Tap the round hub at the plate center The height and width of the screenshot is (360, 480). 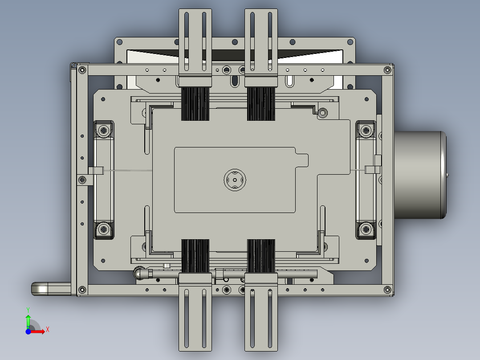point(235,179)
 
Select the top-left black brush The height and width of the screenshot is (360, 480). point(195,103)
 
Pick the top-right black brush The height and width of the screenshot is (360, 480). point(261,103)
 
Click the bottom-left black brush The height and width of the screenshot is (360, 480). point(195,255)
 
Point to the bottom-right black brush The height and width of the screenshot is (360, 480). point(261,255)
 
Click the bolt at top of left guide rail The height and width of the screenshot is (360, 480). point(104,131)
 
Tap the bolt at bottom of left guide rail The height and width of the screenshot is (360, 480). point(104,229)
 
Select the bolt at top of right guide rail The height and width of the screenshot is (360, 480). point(366,131)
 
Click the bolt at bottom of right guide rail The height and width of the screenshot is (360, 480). point(366,229)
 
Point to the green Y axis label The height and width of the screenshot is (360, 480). point(28,309)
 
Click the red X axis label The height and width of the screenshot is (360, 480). point(47,330)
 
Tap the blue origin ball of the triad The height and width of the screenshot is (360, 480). point(28,331)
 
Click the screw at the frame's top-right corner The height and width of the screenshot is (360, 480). point(387,70)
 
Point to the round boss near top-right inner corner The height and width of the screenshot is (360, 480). point(322,113)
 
